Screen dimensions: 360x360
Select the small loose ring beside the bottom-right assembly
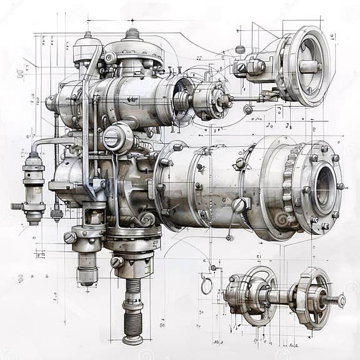[206, 286]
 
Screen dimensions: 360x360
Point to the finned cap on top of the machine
[132, 34]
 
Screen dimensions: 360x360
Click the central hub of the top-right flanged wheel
[308, 66]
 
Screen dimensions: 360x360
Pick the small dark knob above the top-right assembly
[240, 49]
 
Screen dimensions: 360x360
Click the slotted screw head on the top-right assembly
[241, 67]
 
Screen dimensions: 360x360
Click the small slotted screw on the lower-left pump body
[70, 237]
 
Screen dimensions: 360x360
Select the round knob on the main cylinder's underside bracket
[239, 205]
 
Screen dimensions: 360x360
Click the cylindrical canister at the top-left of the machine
[87, 50]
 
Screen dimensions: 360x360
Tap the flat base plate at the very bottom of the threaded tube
[132, 340]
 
